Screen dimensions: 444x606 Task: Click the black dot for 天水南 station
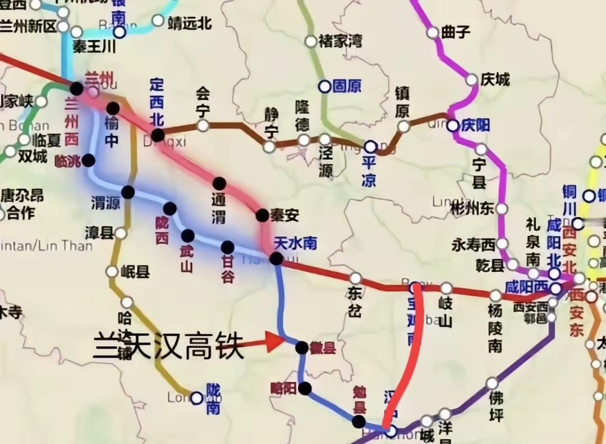276,258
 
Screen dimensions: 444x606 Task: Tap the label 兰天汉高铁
168,347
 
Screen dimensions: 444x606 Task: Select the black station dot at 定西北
158,135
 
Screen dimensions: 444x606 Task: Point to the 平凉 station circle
370,147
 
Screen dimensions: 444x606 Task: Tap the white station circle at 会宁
203,125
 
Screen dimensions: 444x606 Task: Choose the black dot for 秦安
262,215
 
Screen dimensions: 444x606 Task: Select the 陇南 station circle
196,398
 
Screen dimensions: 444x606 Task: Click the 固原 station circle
325,86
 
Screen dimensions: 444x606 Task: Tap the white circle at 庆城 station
472,80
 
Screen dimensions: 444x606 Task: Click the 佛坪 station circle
492,383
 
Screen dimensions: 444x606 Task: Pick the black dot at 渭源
128,192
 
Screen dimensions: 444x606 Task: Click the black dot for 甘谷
227,247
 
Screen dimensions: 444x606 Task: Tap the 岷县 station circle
112,272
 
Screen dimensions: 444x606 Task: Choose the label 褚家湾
340,41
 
